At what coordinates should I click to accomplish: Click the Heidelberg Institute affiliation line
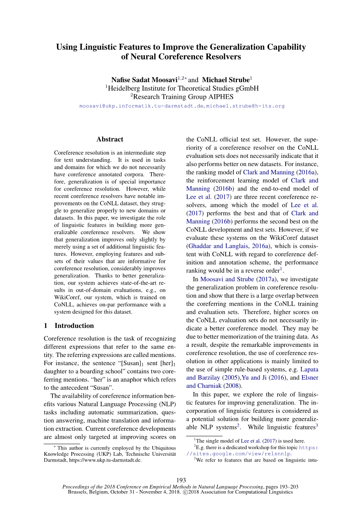[x=182, y=88]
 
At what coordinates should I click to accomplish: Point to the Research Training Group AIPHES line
[x=182, y=97]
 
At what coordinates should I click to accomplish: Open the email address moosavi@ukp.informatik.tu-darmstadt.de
[x=141, y=106]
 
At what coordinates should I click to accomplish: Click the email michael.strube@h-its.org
[x=245, y=106]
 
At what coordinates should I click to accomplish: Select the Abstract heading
[x=110, y=139]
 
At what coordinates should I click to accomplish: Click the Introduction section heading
[x=74, y=325]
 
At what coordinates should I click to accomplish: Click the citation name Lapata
[x=309, y=369]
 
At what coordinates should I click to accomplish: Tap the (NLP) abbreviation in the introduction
[x=164, y=404]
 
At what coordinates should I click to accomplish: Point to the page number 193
[x=181, y=480]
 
